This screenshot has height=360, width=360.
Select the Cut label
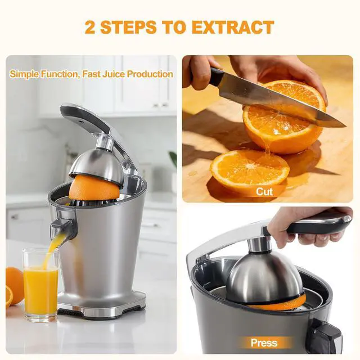[264, 191]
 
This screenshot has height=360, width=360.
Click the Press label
[264, 343]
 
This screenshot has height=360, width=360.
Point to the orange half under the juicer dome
[94, 188]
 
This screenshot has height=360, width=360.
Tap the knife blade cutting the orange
[281, 101]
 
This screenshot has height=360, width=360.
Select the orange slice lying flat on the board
[249, 168]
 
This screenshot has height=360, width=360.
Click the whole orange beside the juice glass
[14, 284]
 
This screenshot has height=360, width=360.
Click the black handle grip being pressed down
[315, 225]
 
